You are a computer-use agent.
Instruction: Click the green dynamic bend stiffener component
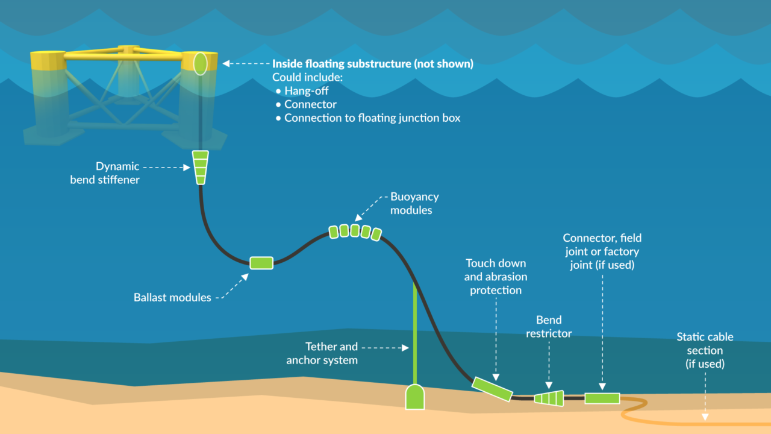(x=199, y=167)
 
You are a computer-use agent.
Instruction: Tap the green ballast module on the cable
(x=261, y=263)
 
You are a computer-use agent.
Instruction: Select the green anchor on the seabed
(x=414, y=397)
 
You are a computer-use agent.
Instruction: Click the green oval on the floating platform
(x=200, y=63)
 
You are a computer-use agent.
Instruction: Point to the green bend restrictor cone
(x=549, y=398)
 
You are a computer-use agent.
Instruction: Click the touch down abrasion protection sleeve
(x=492, y=389)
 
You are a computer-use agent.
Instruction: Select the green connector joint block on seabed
(x=602, y=398)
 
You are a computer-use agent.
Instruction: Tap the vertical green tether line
(x=414, y=332)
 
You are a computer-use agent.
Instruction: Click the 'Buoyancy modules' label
(x=414, y=204)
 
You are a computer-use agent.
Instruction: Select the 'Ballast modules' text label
(x=172, y=297)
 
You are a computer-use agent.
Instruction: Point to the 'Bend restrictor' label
(x=548, y=327)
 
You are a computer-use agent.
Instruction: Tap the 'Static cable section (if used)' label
(x=705, y=350)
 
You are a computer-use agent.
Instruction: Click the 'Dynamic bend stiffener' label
(x=105, y=173)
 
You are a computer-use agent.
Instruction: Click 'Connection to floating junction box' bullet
(x=372, y=118)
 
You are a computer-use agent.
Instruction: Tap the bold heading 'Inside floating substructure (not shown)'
(x=372, y=64)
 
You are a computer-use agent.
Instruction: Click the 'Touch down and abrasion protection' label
(x=495, y=277)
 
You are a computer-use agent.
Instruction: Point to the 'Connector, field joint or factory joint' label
(x=602, y=251)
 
